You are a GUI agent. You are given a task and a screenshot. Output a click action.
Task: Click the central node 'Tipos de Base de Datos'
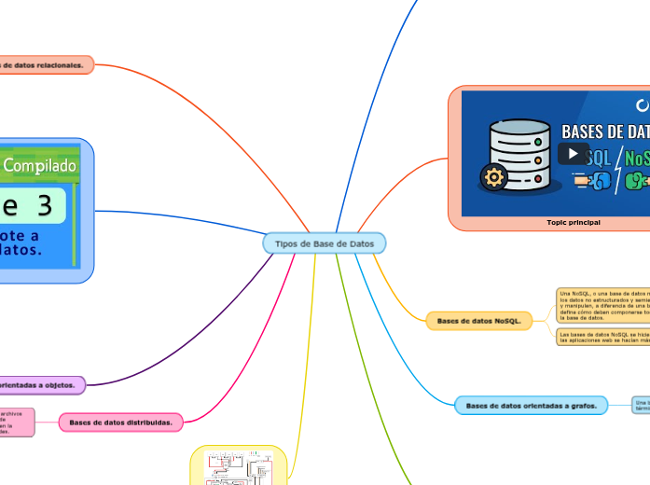[324, 243]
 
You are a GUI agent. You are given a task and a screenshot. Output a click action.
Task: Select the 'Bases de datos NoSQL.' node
[479, 321]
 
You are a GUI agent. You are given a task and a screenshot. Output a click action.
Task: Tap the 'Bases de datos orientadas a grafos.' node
[532, 406]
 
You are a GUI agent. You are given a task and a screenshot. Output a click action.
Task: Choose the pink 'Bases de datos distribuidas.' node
[121, 423]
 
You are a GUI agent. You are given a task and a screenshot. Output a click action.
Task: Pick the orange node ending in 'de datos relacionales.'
[46, 65]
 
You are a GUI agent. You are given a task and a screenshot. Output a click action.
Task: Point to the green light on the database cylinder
[538, 141]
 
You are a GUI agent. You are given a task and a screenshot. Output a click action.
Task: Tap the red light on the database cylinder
[538, 178]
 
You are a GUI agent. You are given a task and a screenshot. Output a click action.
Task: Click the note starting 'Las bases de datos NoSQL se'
[602, 337]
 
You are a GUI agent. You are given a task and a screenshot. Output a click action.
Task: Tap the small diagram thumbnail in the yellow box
[239, 466]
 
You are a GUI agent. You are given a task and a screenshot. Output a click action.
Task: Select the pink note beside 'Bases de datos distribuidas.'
[17, 422]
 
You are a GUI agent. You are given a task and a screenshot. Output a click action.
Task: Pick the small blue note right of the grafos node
[641, 406]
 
